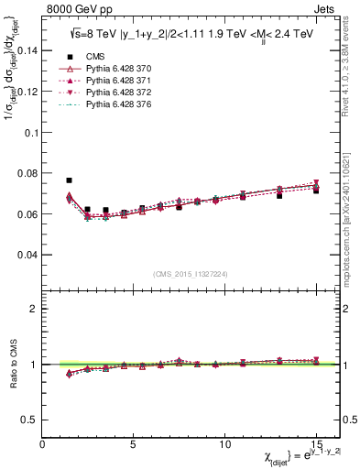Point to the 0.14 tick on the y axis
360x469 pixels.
[27, 50]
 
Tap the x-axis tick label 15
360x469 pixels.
[316, 444]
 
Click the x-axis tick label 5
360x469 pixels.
[134, 444]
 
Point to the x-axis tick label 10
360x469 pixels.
[224, 444]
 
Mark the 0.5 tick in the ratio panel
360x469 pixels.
[30, 420]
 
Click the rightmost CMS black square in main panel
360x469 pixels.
[316, 191]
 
